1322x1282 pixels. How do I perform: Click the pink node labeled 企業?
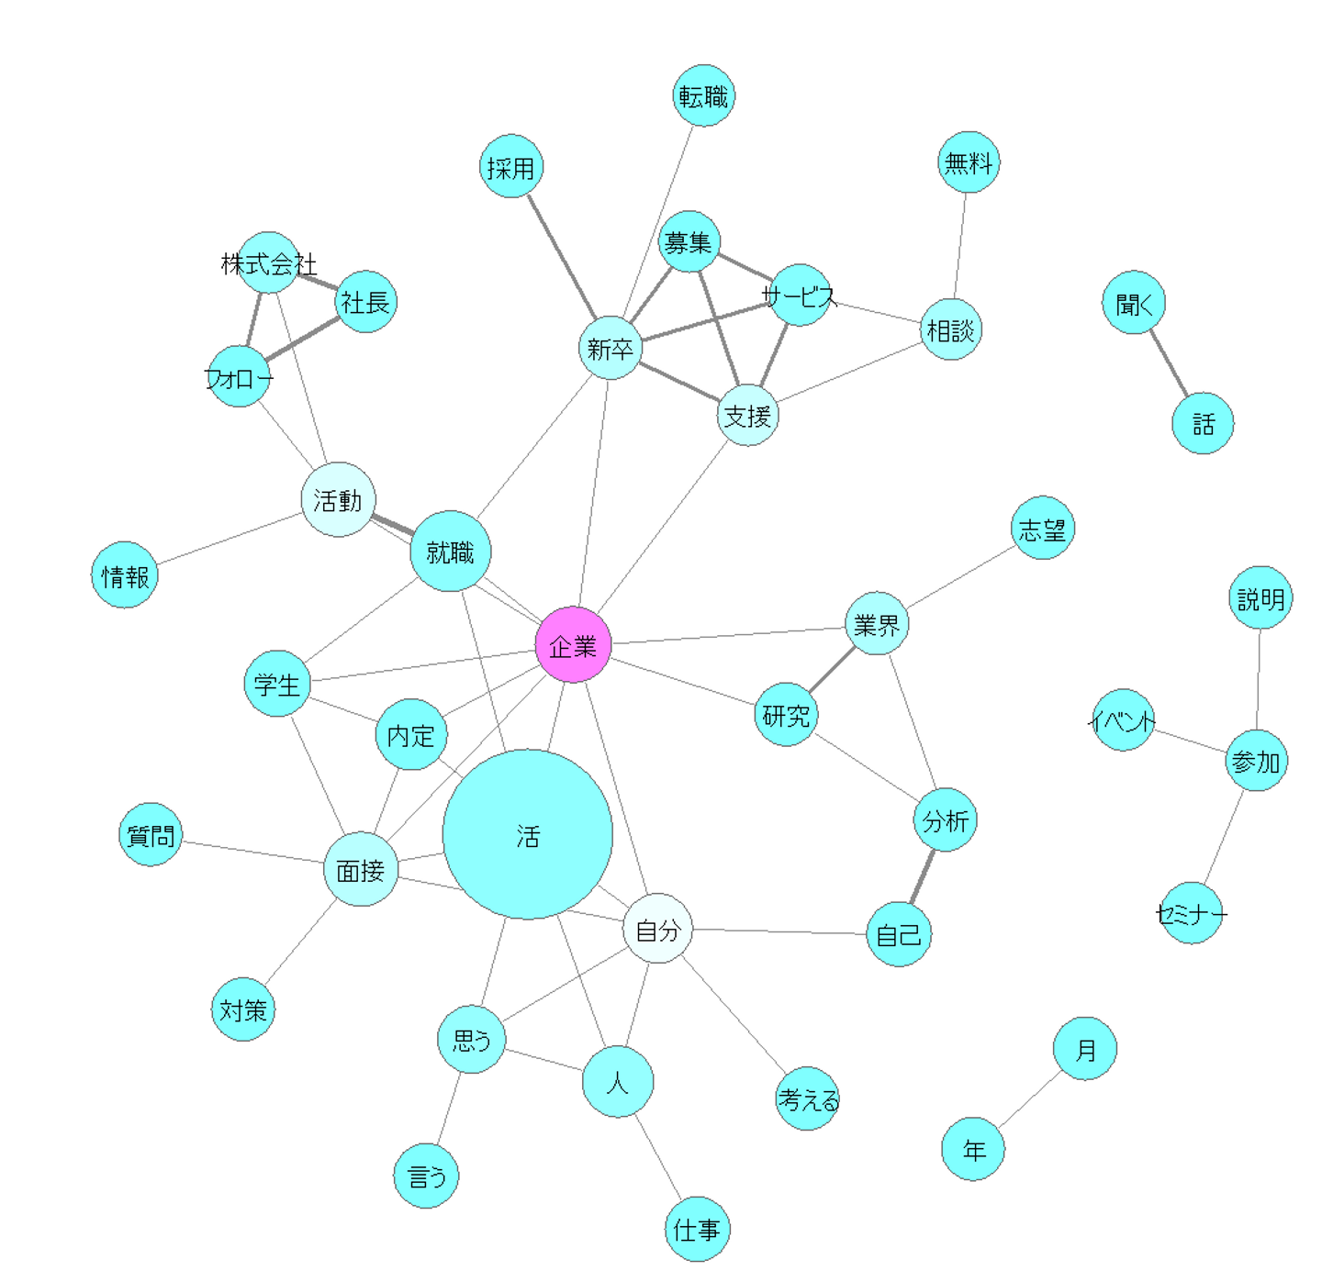click(x=573, y=644)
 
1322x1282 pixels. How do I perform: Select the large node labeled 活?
click(x=527, y=834)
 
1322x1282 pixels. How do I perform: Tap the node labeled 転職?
click(x=704, y=95)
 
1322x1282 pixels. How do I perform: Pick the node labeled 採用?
click(x=511, y=166)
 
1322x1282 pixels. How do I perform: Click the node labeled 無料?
click(x=969, y=162)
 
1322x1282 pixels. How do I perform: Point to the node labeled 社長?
click(x=365, y=301)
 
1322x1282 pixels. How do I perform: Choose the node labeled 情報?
click(x=125, y=574)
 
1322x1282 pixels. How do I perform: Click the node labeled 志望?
click(x=1042, y=529)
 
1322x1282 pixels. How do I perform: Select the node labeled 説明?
click(x=1260, y=597)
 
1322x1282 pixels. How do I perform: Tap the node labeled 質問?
click(x=151, y=834)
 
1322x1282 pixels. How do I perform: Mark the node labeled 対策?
click(x=242, y=1009)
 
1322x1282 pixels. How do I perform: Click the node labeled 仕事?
click(x=697, y=1228)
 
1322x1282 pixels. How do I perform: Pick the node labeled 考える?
click(x=808, y=1098)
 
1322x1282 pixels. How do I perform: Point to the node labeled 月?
click(x=1085, y=1048)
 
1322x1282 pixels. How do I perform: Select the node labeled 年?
click(x=973, y=1148)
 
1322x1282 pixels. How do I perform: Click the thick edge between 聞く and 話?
click(x=1169, y=363)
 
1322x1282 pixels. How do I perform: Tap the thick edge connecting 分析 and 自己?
click(x=922, y=877)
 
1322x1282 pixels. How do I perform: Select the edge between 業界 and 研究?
click(x=831, y=670)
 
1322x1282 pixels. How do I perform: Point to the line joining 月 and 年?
click(x=1029, y=1098)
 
